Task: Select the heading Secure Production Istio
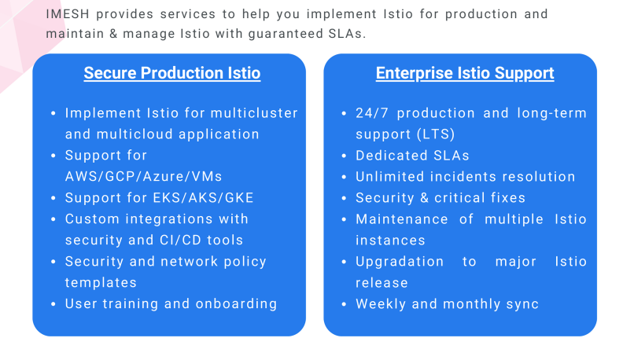[x=172, y=74]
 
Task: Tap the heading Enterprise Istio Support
[x=465, y=74]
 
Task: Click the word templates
[x=101, y=282]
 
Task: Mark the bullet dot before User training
[x=53, y=304]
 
